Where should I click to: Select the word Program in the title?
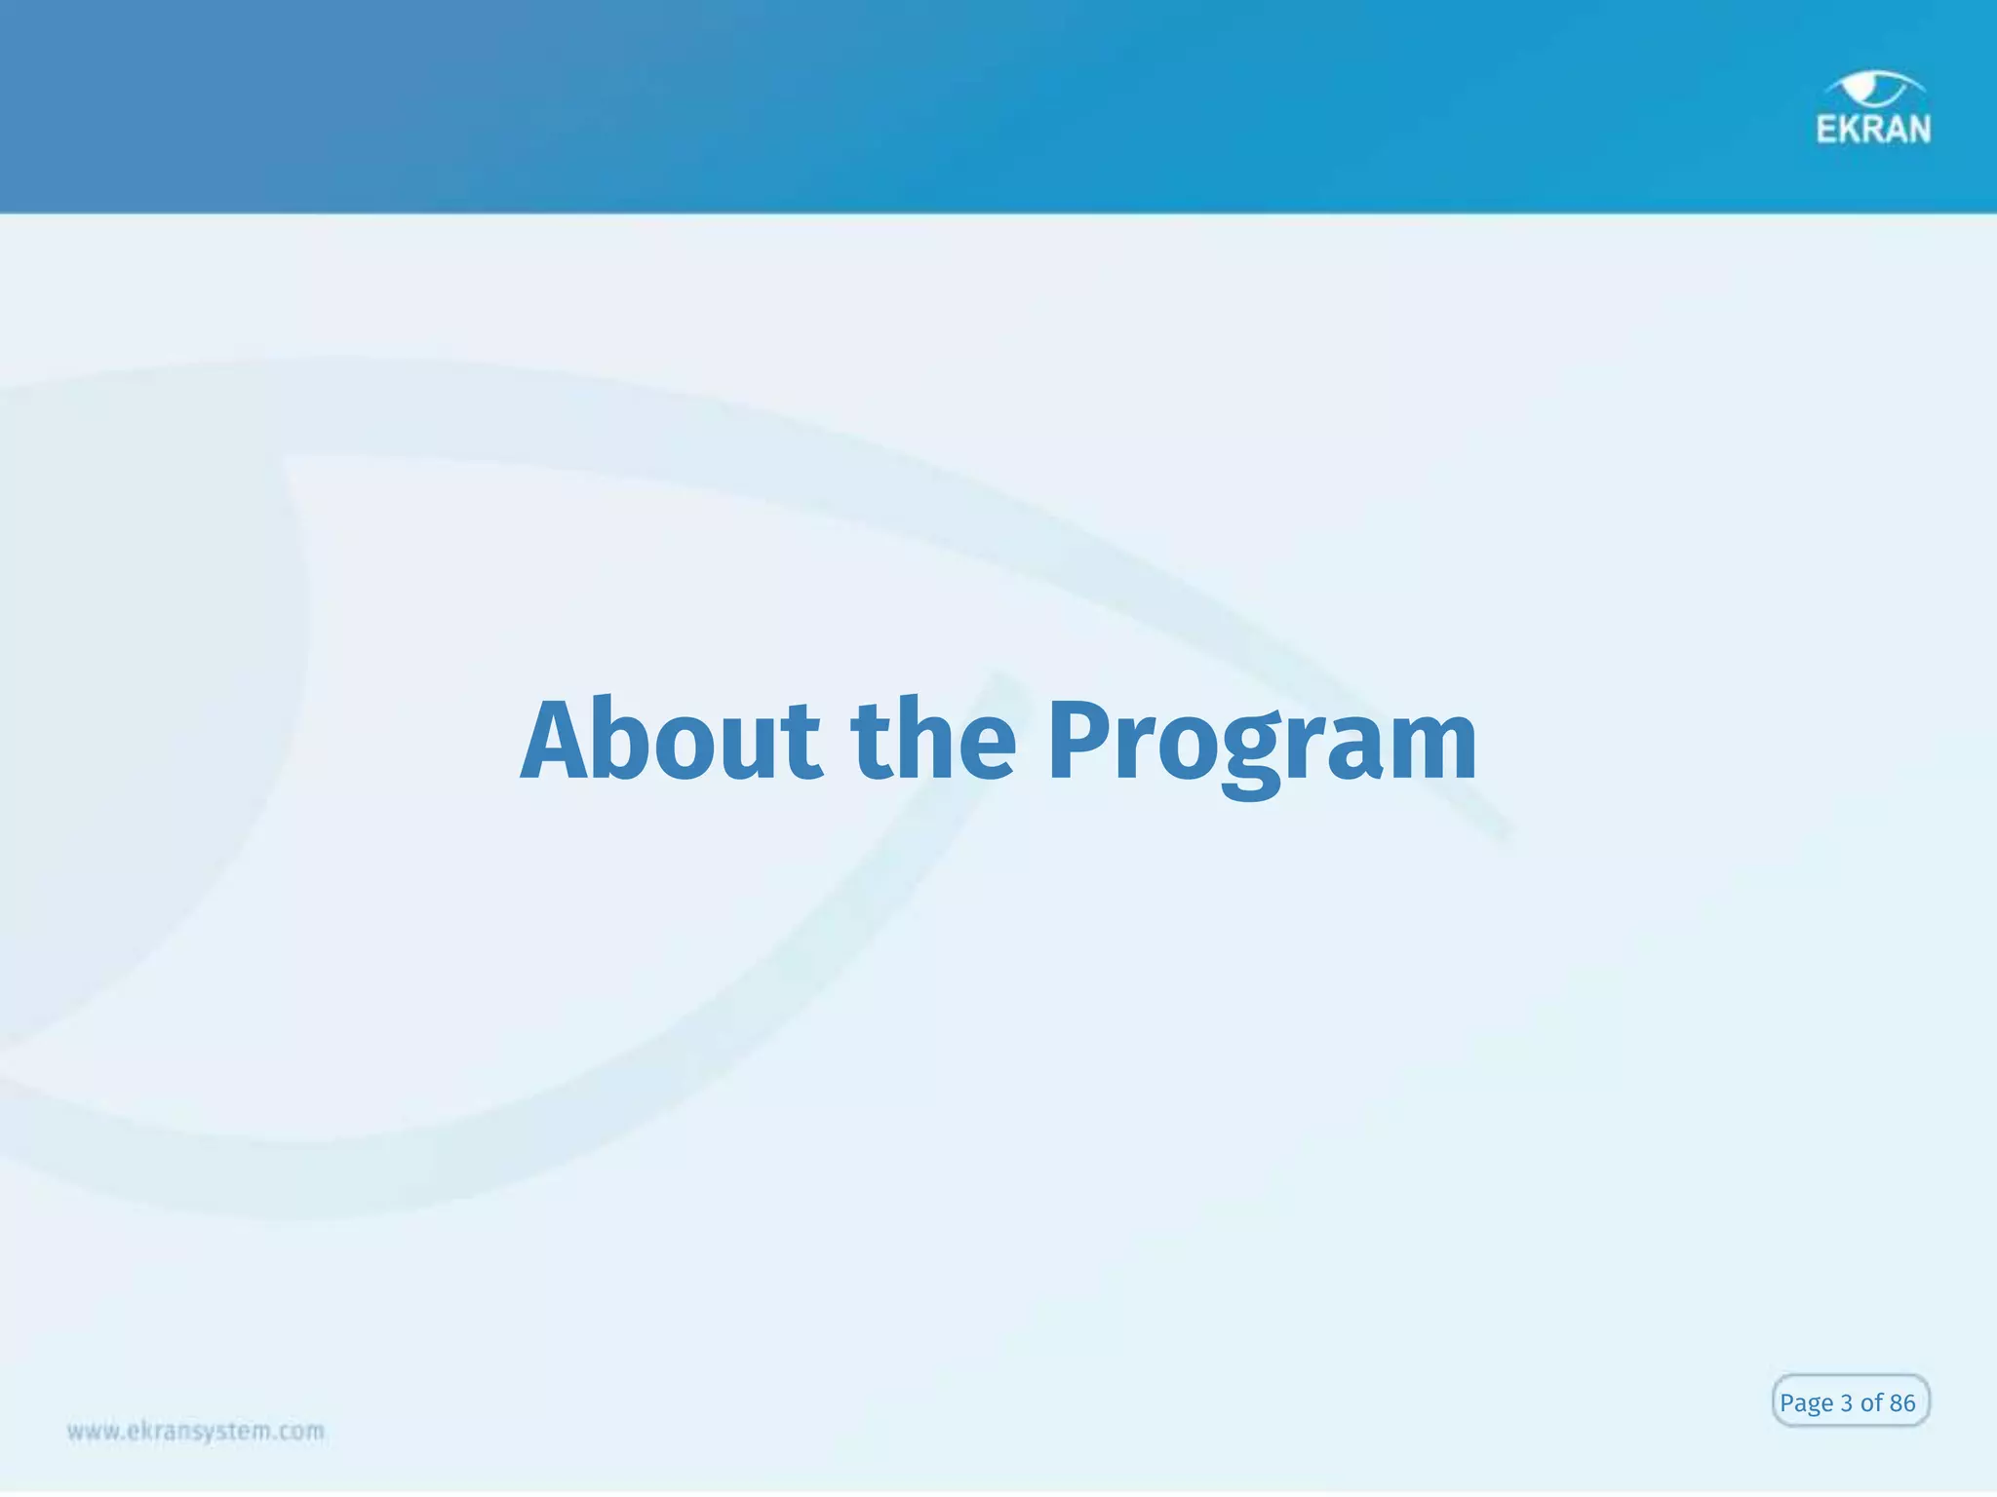(1261, 743)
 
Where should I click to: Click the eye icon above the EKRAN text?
(1873, 89)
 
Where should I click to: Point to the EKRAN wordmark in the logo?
(1873, 130)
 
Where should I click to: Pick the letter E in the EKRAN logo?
(1827, 130)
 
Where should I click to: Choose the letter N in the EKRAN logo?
(1918, 130)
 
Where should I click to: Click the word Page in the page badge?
(1806, 1403)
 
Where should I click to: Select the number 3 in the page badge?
(1846, 1403)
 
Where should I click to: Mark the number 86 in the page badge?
(1902, 1403)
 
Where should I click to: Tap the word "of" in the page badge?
(1871, 1403)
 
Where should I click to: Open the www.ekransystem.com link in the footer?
(196, 1432)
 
